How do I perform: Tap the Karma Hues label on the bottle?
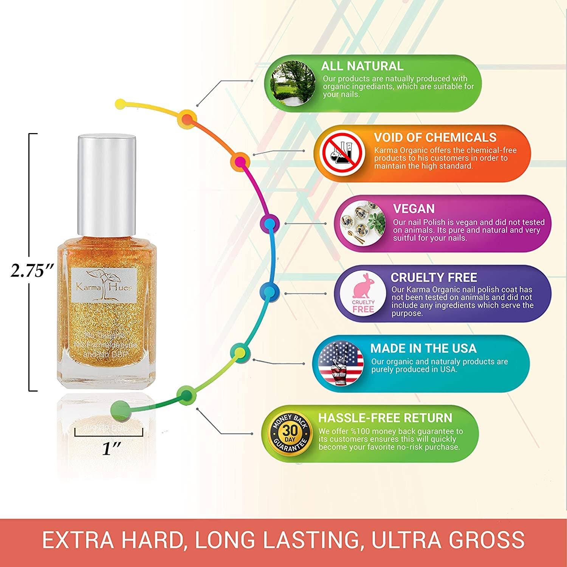point(104,285)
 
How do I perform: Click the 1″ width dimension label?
point(111,449)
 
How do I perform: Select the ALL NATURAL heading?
point(362,66)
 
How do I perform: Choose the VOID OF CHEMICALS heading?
point(435,137)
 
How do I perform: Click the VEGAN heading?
point(414,209)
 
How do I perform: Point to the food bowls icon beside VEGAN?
point(362,224)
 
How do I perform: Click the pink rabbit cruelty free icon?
point(363,294)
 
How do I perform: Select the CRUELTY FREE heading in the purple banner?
point(434,277)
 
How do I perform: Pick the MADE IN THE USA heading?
point(423,348)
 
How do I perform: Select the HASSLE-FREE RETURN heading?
point(385,418)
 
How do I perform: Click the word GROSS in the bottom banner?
point(486,539)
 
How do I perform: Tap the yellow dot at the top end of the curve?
point(120,104)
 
